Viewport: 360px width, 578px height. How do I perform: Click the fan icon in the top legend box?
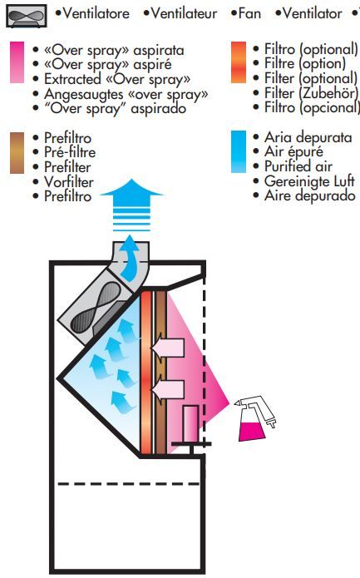click(26, 16)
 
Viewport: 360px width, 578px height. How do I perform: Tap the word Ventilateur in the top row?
click(184, 13)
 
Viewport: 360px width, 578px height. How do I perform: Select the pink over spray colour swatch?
click(17, 62)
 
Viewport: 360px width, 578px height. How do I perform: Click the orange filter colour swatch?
click(239, 62)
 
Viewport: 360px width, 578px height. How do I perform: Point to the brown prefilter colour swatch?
click(17, 153)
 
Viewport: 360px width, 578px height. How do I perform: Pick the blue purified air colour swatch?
click(239, 151)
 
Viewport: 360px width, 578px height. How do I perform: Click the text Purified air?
click(298, 166)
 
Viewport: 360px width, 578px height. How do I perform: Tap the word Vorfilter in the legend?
click(68, 182)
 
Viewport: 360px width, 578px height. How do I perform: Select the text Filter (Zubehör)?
click(311, 93)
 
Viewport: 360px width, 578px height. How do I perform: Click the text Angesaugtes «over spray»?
click(126, 94)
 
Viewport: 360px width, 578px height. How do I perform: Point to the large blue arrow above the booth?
click(131, 205)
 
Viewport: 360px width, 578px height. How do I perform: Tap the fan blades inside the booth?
click(96, 307)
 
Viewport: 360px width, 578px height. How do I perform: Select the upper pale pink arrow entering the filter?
click(167, 348)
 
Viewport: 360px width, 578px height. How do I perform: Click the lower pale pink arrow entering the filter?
click(167, 389)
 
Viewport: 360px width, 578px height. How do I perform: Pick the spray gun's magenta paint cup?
click(251, 432)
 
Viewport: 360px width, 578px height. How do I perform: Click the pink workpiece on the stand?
click(190, 423)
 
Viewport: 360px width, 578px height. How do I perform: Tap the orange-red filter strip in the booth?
click(146, 373)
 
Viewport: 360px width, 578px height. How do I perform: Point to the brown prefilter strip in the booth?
click(160, 373)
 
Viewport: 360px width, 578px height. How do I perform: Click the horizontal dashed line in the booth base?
click(129, 484)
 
